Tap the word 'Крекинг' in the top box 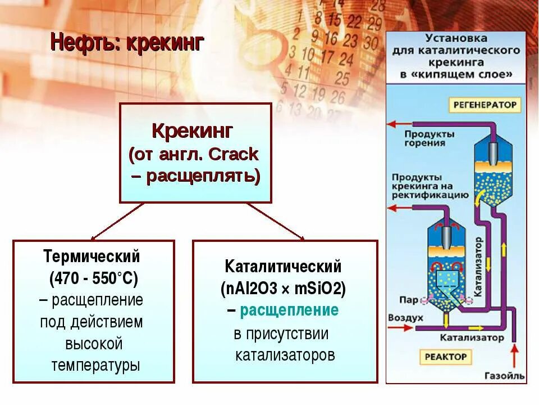(x=192, y=132)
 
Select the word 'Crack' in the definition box (x=233, y=154)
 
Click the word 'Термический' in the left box (x=92, y=257)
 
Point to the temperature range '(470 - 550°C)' (x=93, y=278)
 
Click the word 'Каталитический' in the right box (x=283, y=267)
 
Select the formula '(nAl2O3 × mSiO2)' (x=283, y=289)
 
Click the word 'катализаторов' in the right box (x=285, y=355)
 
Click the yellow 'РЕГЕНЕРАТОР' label (x=485, y=105)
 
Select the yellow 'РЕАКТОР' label (x=446, y=356)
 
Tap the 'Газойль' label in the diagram (x=505, y=375)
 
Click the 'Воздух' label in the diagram (x=405, y=318)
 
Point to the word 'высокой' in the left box (x=94, y=344)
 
